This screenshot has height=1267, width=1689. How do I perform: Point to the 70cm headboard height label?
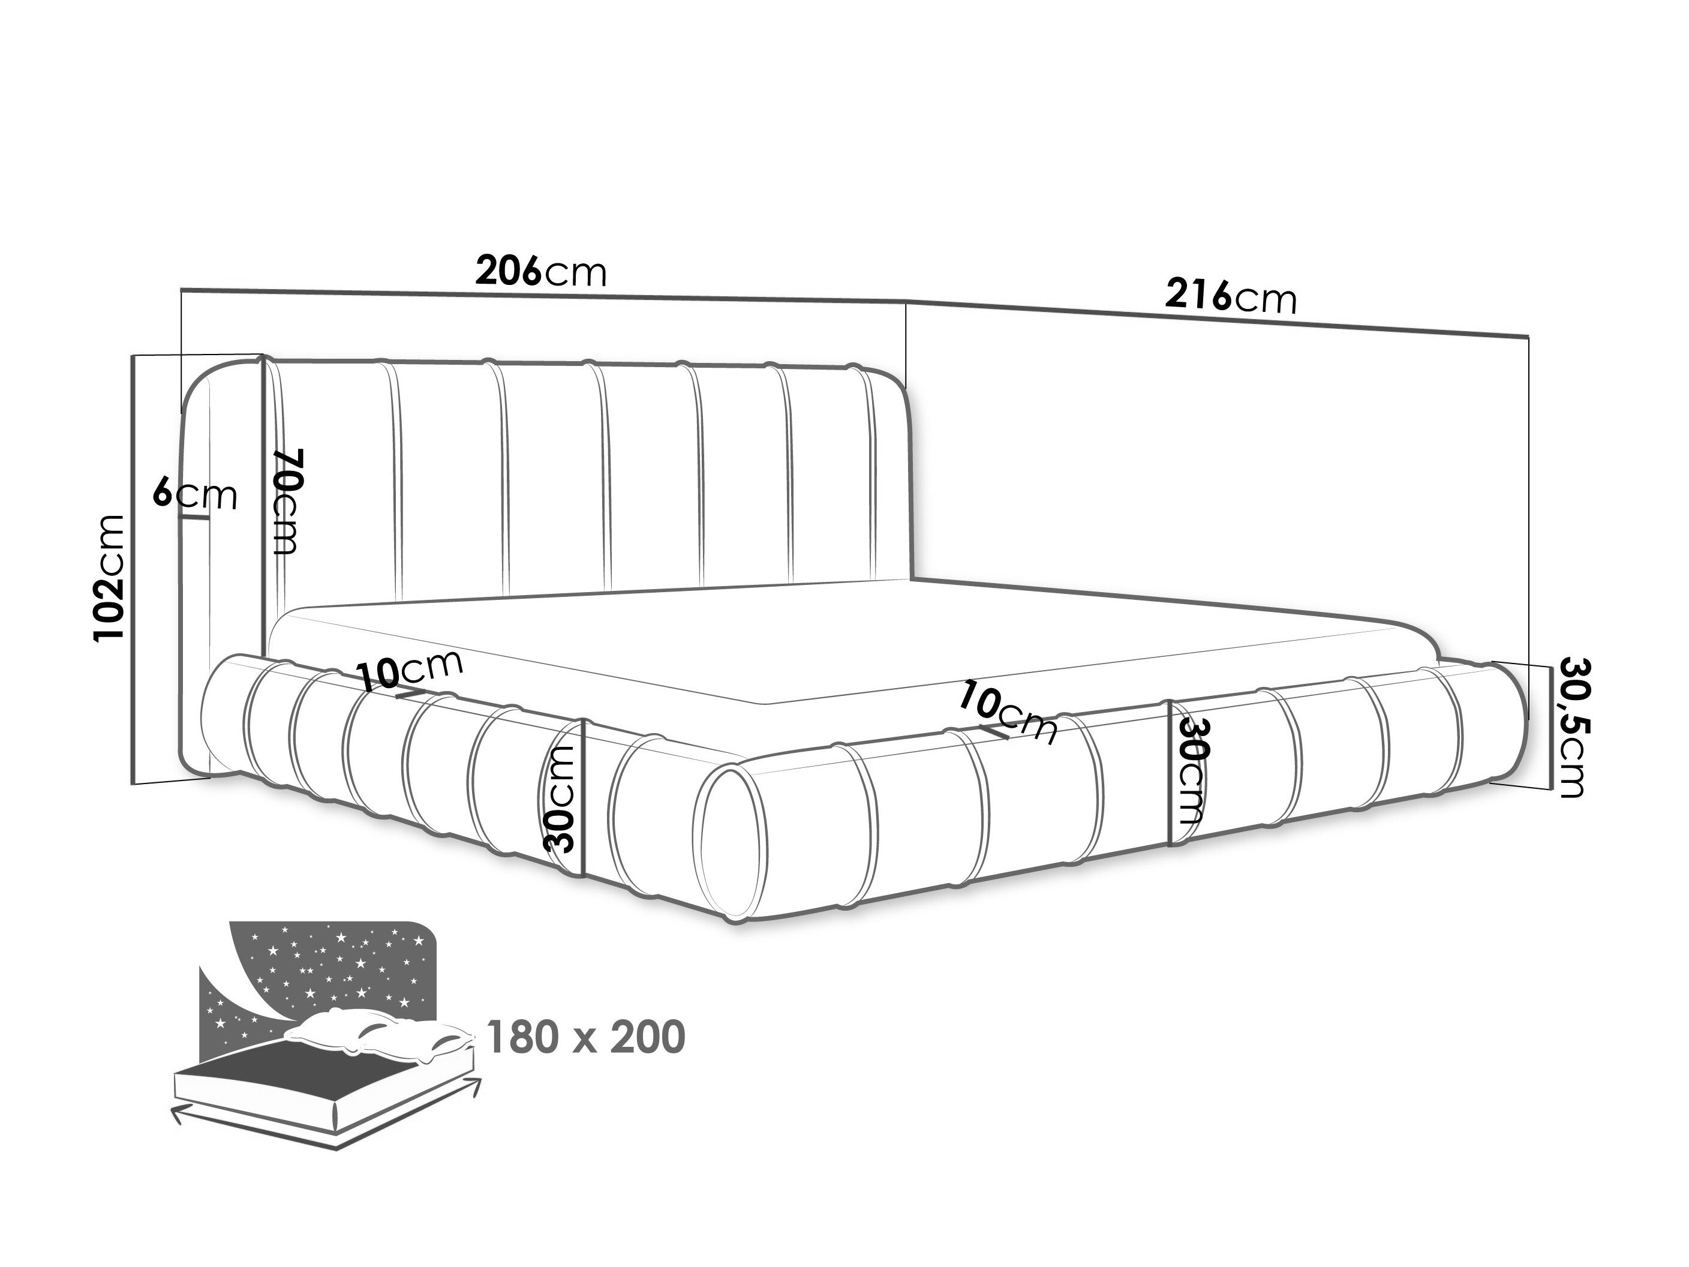pyautogui.click(x=288, y=500)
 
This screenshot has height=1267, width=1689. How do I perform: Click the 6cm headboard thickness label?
pyautogui.click(x=195, y=495)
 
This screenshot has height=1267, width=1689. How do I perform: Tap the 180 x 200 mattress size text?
pyautogui.click(x=585, y=1037)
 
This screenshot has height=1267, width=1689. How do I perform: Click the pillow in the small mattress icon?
pyautogui.click(x=382, y=1035)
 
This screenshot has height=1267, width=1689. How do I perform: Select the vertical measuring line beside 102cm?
pyautogui.click(x=134, y=569)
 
